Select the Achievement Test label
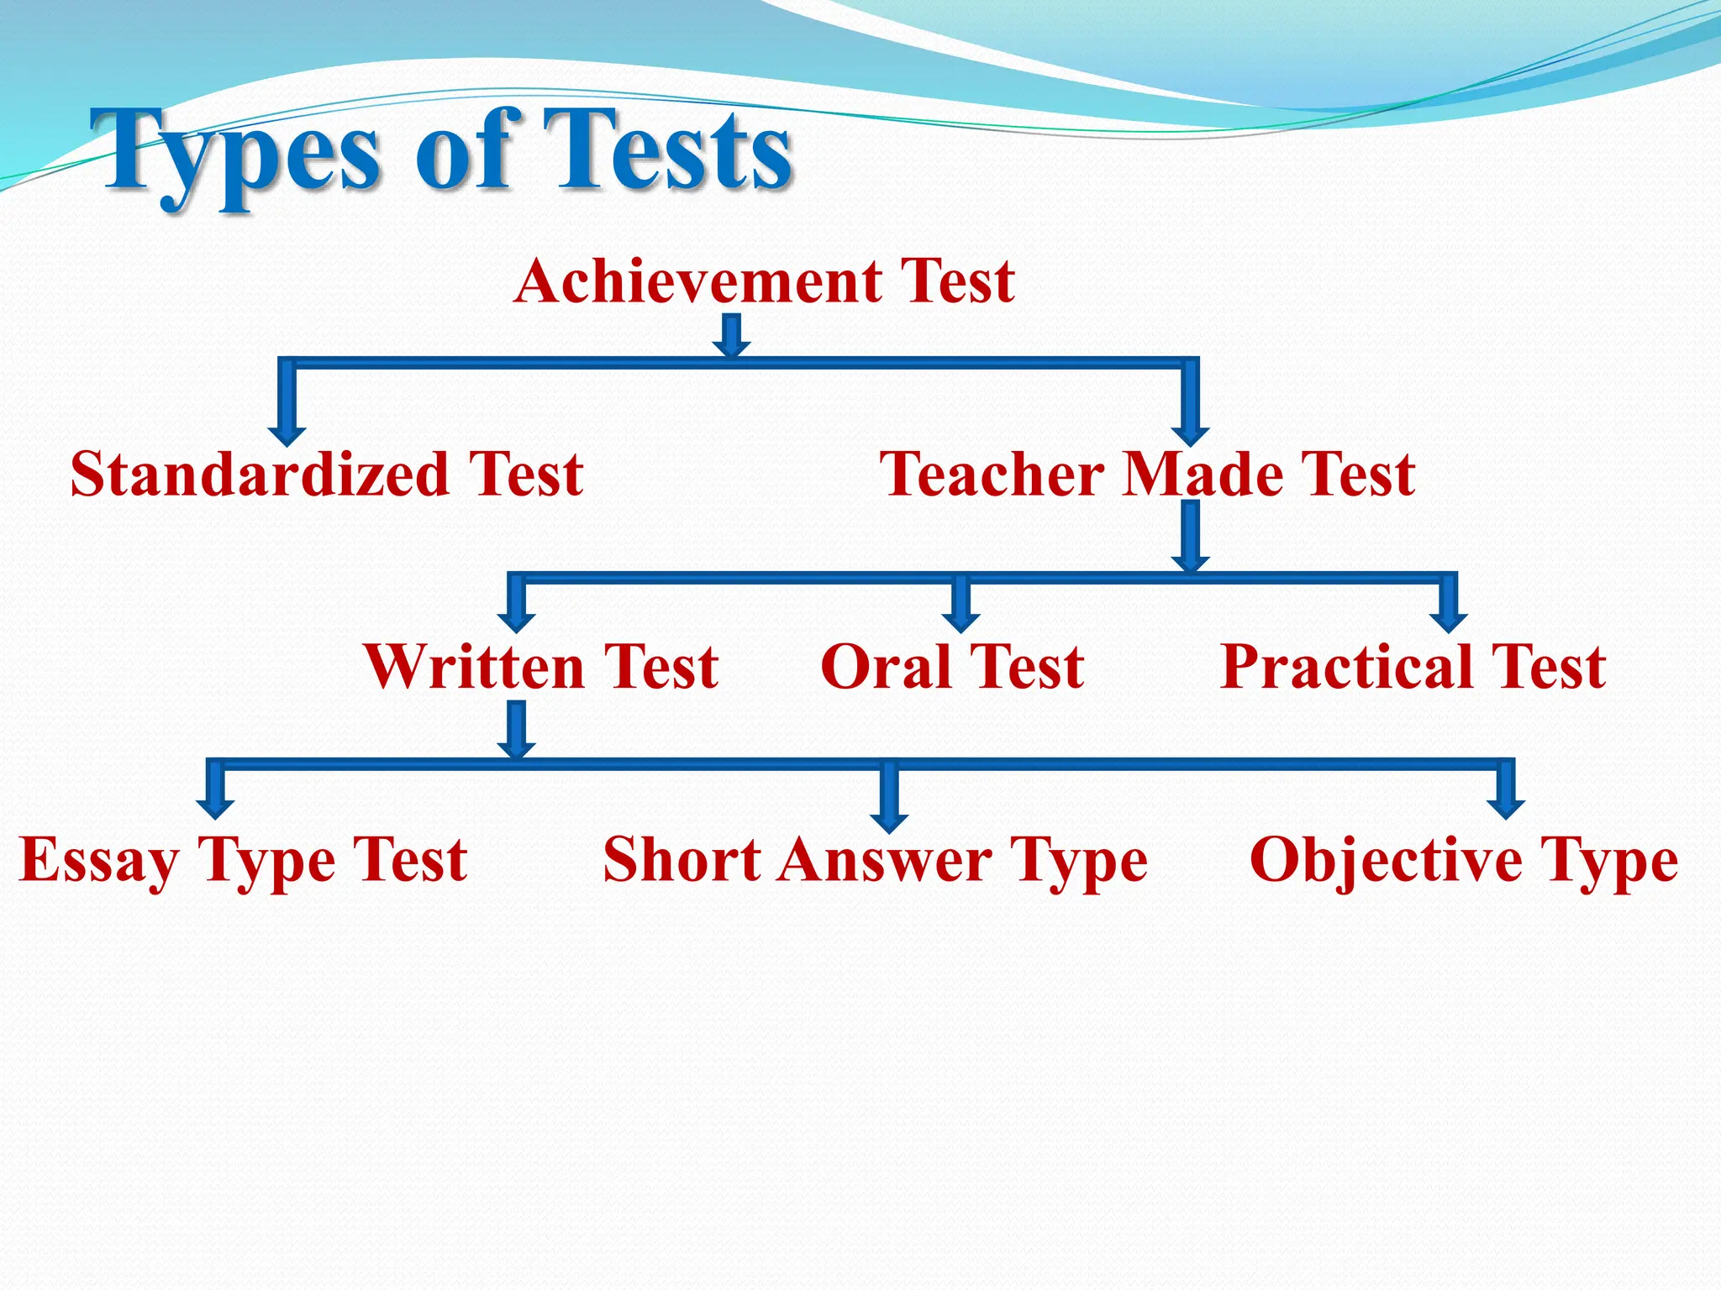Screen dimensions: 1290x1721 (x=765, y=281)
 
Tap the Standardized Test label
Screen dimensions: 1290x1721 (x=327, y=475)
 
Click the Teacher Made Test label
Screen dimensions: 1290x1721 (x=1147, y=475)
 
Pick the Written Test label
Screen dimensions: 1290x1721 (x=542, y=668)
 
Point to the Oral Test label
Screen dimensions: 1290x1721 (x=952, y=668)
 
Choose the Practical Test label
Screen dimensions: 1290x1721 (x=1413, y=668)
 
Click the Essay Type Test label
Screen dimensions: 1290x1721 (x=243, y=861)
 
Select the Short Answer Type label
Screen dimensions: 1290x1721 (x=875, y=861)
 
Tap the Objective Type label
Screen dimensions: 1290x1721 (x=1464, y=861)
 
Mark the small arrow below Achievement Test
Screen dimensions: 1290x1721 (x=732, y=336)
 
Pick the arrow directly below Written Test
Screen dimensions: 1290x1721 (x=517, y=731)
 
